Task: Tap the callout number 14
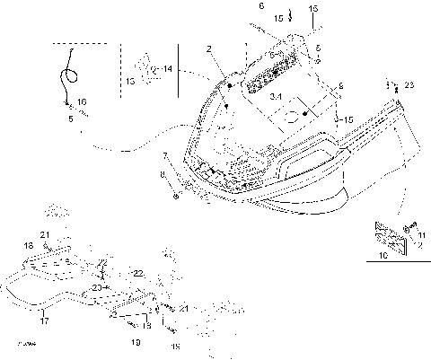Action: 168,68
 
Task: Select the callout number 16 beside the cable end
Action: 82,103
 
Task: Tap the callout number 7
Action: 164,154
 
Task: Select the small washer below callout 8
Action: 174,195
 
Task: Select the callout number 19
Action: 135,341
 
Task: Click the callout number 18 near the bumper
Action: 29,244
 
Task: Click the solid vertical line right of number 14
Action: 178,72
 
